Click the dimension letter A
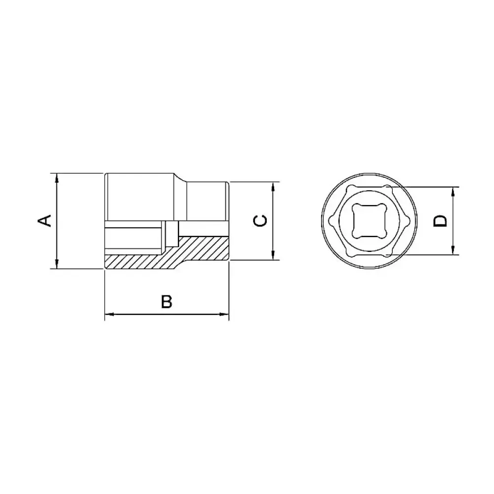[44, 220]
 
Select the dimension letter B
[166, 301]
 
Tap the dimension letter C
[260, 220]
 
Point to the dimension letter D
[440, 221]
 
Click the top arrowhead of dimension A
[57, 177]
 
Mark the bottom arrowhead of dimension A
[57, 264]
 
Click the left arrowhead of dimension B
[109, 314]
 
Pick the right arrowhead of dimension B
[224, 314]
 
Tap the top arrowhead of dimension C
[273, 187]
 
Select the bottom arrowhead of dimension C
[273, 255]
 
